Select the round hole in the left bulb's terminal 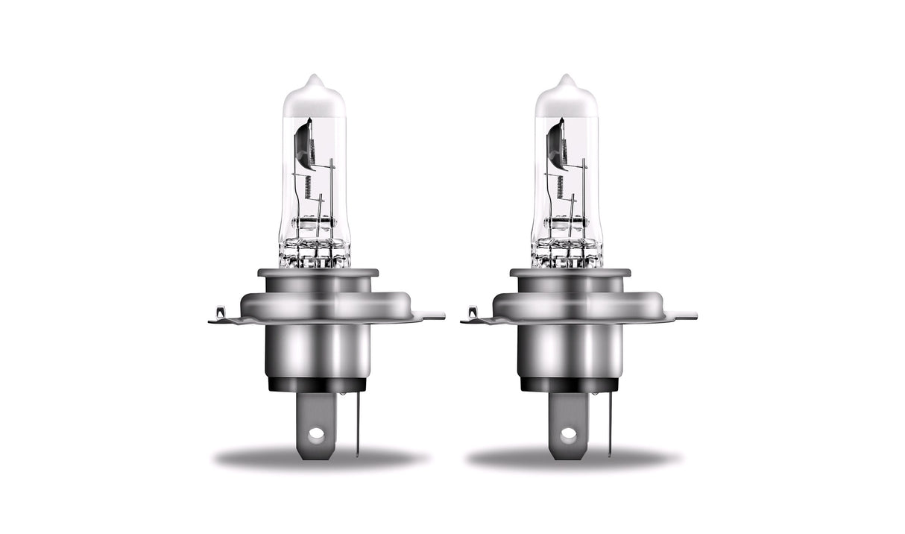coord(316,432)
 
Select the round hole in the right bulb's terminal coord(569,432)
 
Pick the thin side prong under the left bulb coord(356,421)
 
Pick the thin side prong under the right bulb coord(609,421)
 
